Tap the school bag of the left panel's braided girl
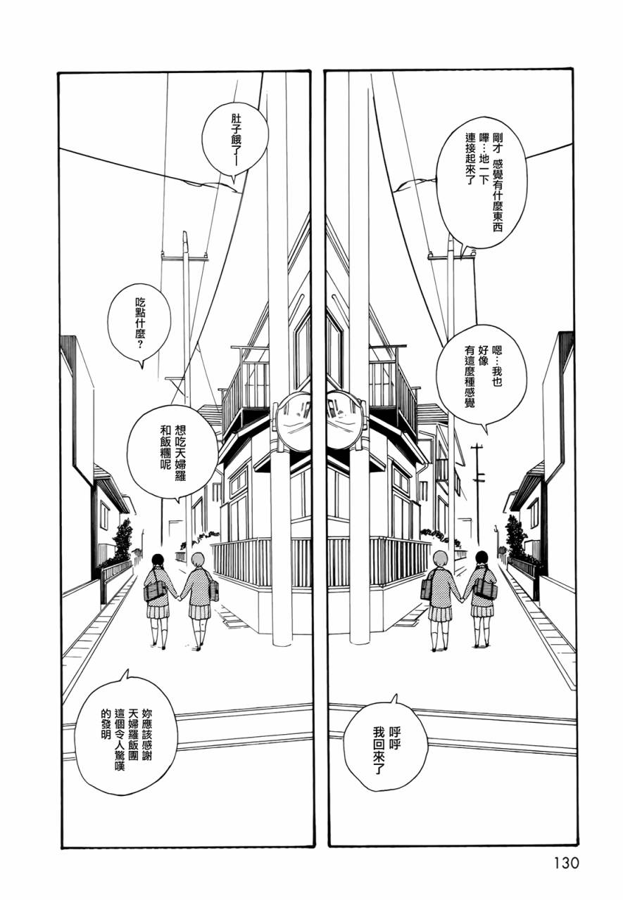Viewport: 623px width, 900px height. [154, 590]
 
